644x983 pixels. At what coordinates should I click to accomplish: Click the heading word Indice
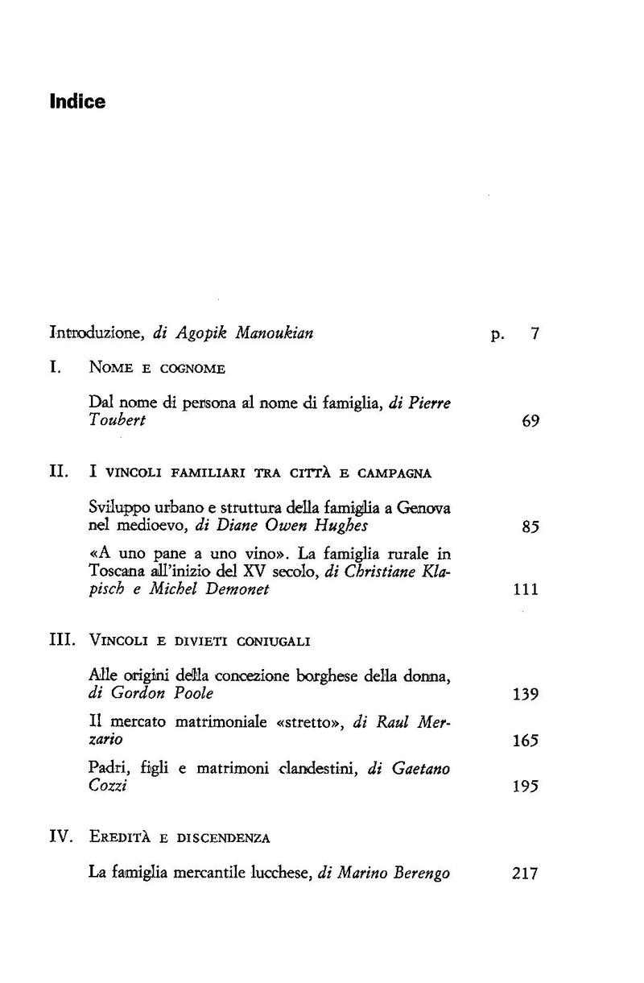click(77, 102)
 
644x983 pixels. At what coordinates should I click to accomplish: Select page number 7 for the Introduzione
click(534, 332)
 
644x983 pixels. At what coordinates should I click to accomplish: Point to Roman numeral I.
click(56, 368)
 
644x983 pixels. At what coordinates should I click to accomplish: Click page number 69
click(530, 421)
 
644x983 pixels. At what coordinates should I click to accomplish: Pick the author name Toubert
click(117, 421)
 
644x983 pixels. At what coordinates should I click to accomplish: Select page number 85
click(530, 527)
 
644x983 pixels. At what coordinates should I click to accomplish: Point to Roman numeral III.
click(63, 641)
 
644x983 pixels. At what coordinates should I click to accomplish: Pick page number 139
click(525, 694)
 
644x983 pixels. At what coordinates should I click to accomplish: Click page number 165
click(525, 741)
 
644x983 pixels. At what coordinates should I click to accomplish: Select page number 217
click(525, 874)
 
